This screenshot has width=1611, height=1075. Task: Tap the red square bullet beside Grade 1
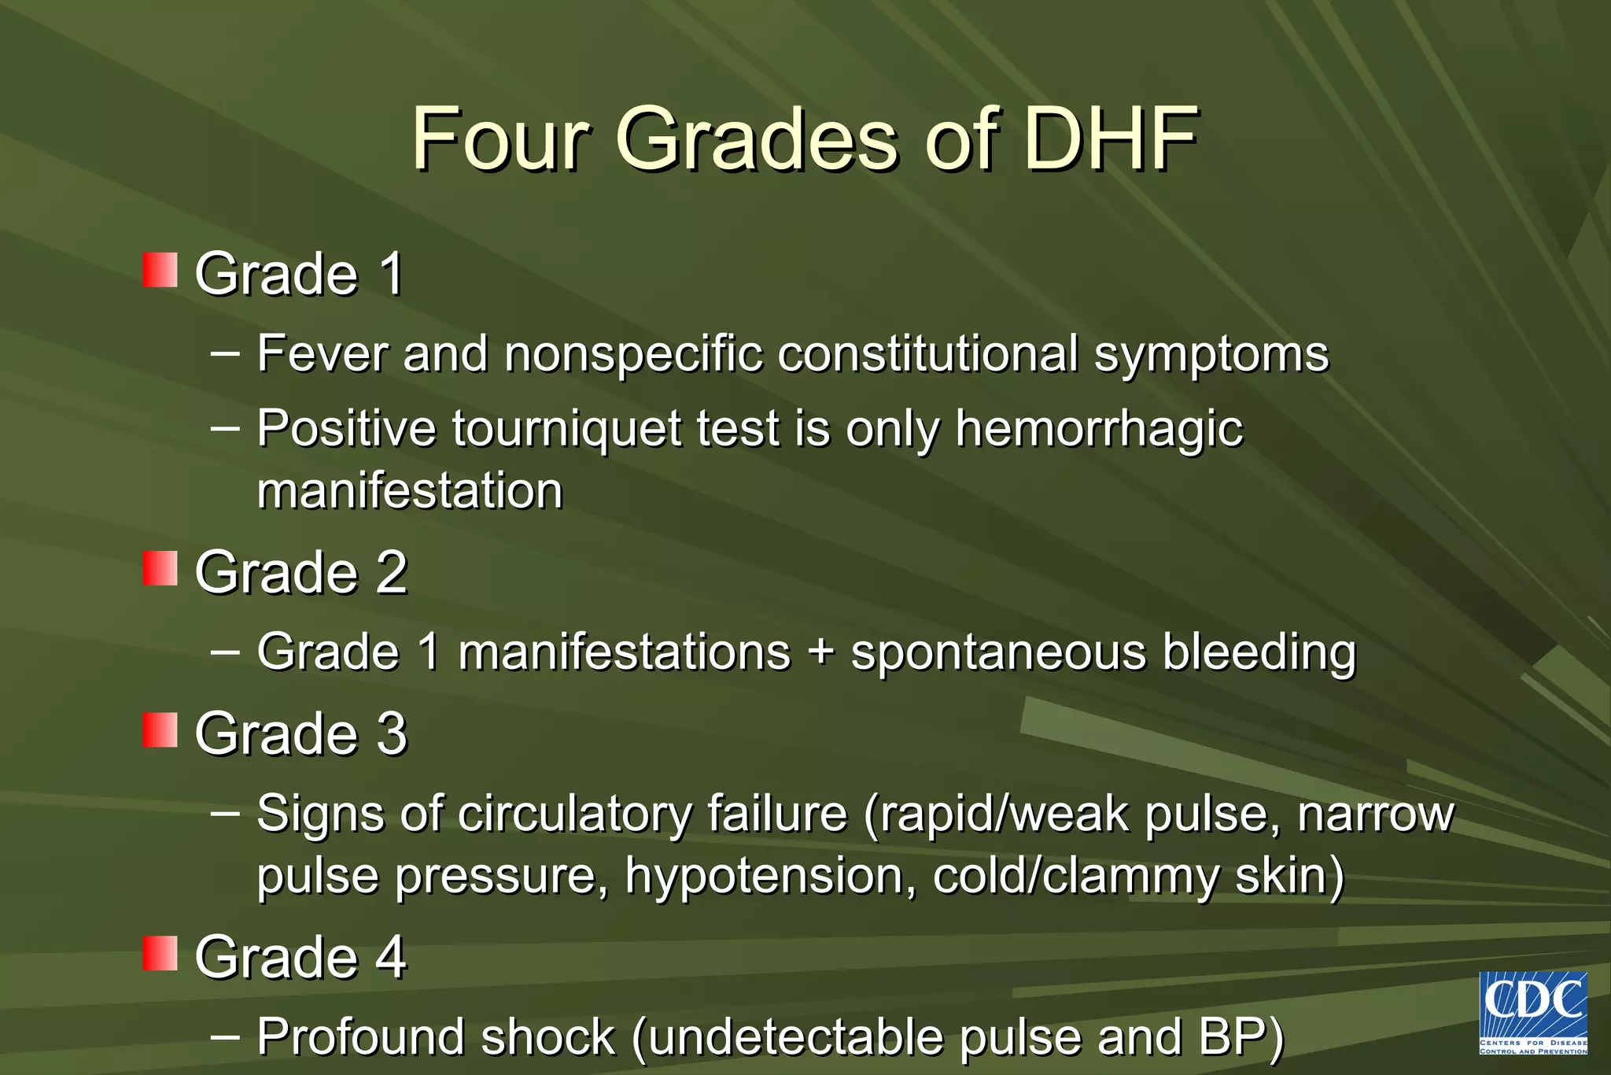pos(160,270)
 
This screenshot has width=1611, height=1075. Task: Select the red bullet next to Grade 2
pos(160,568)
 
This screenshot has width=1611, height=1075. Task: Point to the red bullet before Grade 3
pos(160,730)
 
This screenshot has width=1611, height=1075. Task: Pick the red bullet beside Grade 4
pos(160,953)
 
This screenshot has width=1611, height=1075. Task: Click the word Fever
pos(322,353)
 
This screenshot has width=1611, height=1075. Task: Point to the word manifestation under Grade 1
pos(410,491)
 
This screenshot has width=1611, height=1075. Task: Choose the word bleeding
pos(1259,654)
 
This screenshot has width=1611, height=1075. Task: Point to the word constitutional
pos(927,353)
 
